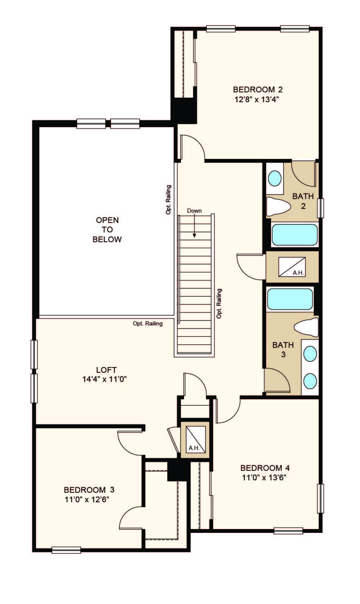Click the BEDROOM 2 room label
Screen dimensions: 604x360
point(257,90)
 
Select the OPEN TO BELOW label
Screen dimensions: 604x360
point(107,229)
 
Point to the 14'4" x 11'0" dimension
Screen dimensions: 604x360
point(104,379)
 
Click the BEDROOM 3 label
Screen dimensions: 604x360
point(89,489)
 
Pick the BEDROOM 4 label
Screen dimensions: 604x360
point(265,468)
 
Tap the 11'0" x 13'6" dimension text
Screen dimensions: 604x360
point(264,478)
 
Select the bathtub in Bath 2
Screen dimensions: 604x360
point(295,235)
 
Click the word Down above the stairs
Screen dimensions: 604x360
point(194,211)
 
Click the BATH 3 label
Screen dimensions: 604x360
point(283,350)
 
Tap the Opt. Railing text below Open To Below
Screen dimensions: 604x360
point(148,324)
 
